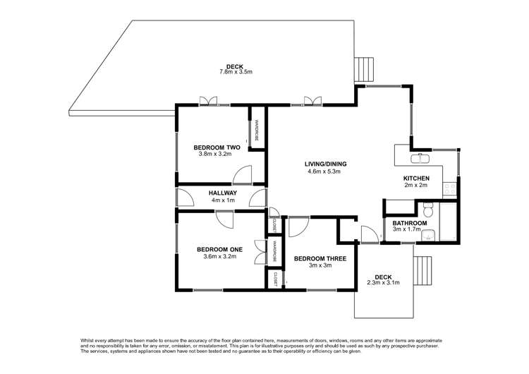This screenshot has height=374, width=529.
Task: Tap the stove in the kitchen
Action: tap(449, 188)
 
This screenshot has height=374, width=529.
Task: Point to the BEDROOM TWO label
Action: tap(217, 147)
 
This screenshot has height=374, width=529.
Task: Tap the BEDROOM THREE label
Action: tap(320, 259)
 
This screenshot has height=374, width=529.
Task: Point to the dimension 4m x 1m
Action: tap(222, 200)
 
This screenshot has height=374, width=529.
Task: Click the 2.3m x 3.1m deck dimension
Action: tap(383, 283)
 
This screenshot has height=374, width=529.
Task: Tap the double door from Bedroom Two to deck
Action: tap(209, 102)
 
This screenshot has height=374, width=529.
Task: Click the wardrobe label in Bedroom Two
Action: tap(257, 131)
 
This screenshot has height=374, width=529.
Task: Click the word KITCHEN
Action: tap(416, 179)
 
